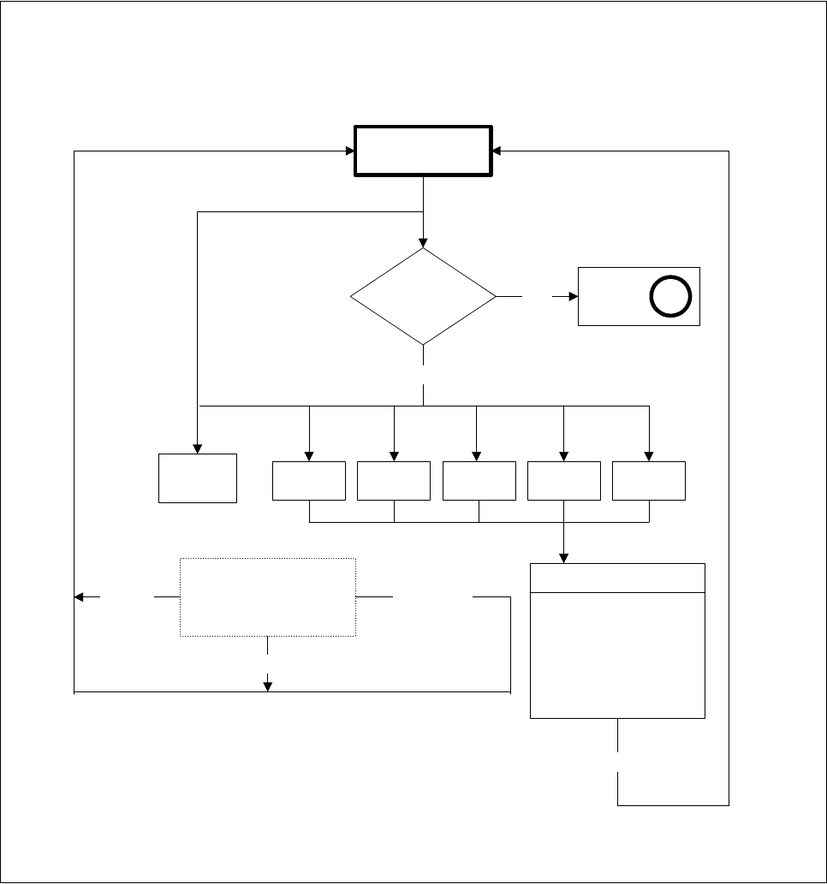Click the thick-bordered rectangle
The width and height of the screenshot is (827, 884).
(424, 151)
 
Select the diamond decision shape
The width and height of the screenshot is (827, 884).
(424, 297)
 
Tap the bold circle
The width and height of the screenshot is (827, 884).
(670, 296)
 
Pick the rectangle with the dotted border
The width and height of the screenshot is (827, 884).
(268, 597)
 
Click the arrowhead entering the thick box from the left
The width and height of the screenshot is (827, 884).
(350, 151)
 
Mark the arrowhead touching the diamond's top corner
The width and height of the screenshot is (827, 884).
(424, 243)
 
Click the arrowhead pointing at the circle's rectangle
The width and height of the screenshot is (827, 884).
(573, 297)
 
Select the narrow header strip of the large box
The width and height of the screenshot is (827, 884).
(617, 578)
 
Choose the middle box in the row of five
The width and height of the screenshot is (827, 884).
(479, 480)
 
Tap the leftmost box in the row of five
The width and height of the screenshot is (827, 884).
(308, 480)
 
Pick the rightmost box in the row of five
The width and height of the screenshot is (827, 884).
(649, 480)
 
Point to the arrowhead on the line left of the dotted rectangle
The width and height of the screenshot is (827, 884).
(80, 596)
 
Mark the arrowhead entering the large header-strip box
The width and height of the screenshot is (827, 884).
(563, 558)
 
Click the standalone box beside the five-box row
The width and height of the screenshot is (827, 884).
(198, 478)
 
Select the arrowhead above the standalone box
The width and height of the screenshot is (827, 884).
(198, 448)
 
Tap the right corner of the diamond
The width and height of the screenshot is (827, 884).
(496, 297)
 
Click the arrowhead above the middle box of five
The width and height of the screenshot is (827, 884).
(476, 456)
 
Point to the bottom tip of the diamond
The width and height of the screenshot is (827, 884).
(424, 345)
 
